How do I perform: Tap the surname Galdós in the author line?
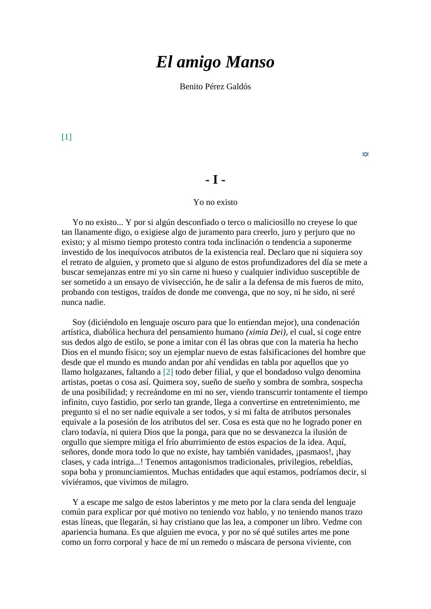click(x=239, y=87)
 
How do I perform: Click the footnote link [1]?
click(x=66, y=137)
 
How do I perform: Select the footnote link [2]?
click(x=168, y=372)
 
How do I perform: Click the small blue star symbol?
click(x=365, y=154)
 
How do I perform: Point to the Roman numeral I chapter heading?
click(x=215, y=180)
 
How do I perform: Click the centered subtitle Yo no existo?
click(x=215, y=202)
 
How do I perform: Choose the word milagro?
click(x=172, y=482)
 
